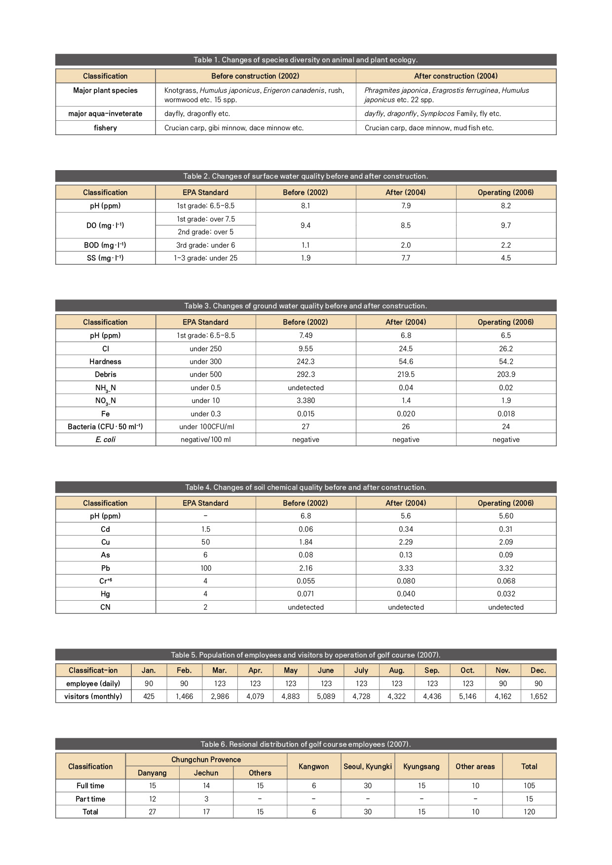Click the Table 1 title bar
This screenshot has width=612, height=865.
[306, 60]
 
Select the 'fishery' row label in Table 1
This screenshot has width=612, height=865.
[105, 128]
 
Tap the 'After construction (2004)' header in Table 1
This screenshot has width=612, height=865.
[456, 76]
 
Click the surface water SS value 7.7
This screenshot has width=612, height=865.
[406, 258]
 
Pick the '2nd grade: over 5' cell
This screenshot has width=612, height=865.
[205, 232]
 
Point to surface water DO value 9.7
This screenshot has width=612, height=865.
[506, 225]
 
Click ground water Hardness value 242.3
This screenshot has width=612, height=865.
[306, 361]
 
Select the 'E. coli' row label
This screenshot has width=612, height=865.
[105, 439]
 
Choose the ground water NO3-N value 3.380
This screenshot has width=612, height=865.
[306, 400]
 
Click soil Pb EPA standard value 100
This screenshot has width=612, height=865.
[205, 568]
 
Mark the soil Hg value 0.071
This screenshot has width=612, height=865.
[306, 594]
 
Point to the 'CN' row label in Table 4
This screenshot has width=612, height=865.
[105, 607]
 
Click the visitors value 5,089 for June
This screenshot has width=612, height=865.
[326, 696]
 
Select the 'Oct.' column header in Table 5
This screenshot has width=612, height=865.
[467, 670]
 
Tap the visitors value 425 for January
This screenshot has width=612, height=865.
[149, 696]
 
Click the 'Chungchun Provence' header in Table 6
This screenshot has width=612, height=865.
[206, 759]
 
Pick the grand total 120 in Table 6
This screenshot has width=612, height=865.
[529, 812]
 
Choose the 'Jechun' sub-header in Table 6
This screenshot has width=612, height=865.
[206, 773]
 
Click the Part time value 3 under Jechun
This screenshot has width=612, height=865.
[206, 799]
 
